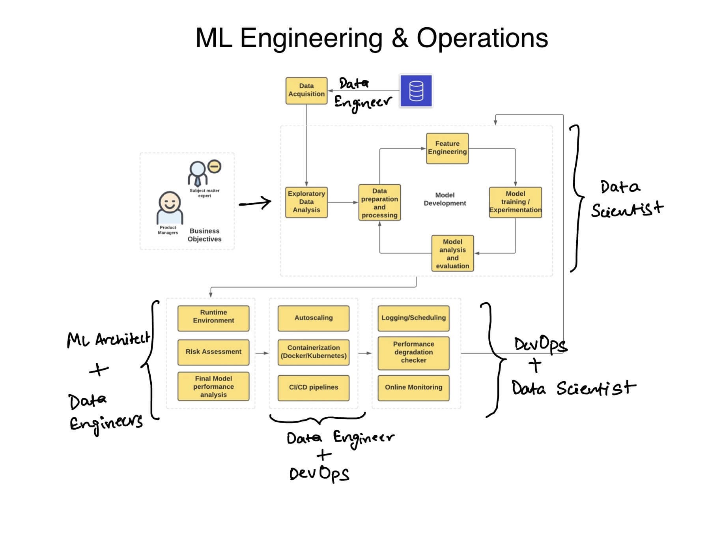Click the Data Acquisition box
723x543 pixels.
coord(306,90)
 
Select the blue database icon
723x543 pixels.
coord(416,91)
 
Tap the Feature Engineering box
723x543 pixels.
coord(447,148)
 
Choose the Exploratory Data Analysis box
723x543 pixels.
coord(306,202)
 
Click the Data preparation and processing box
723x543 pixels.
coord(379,202)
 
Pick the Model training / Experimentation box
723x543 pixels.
coord(515,202)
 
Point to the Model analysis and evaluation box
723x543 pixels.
coord(452,253)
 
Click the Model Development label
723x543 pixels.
coord(445,199)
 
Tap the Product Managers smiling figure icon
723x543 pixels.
coord(170,208)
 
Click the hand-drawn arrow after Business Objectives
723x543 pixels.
coord(256,203)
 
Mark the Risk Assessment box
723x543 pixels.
coord(213,352)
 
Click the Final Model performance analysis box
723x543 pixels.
coord(213,386)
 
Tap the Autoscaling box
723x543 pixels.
coord(314,318)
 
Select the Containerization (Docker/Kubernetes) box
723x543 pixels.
coord(314,352)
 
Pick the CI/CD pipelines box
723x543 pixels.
coord(314,388)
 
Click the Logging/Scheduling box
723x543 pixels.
coord(413,318)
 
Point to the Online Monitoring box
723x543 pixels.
coord(413,388)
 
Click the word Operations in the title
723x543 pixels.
coord(482,38)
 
